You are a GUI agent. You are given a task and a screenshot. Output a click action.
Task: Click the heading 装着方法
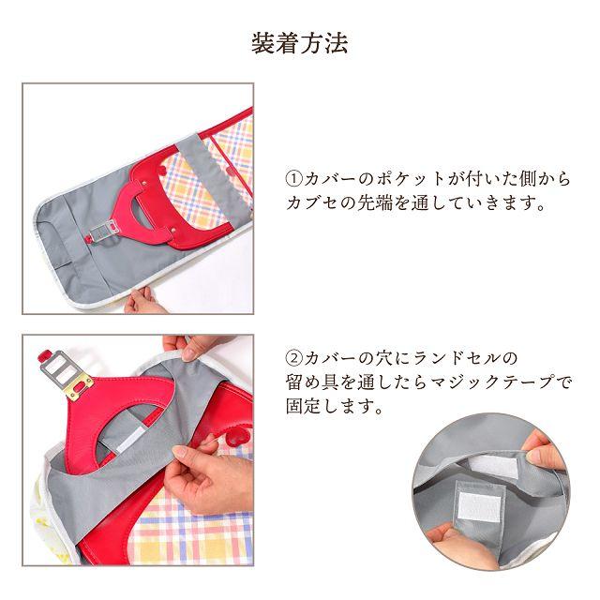point(300,43)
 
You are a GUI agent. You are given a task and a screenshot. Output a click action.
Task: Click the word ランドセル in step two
point(465,359)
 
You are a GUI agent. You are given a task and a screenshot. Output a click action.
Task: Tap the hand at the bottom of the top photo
point(145,301)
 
